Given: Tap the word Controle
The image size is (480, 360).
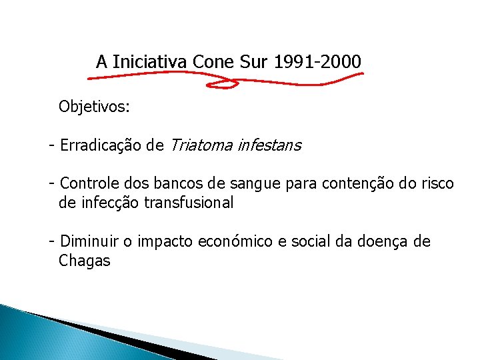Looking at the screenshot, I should pyautogui.click(x=87, y=183).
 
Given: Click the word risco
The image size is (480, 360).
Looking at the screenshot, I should pyautogui.click(x=436, y=183).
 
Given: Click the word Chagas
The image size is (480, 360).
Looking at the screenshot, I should pyautogui.click(x=84, y=261).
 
